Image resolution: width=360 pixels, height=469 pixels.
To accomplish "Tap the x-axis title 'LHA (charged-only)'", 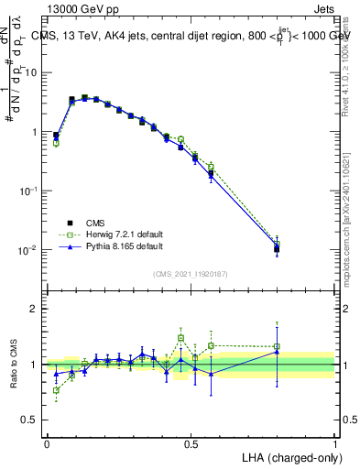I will (287, 457).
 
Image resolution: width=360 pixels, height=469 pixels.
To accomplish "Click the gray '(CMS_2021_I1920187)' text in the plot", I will (190, 273).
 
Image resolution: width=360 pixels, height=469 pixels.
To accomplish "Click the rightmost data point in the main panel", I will (277, 248).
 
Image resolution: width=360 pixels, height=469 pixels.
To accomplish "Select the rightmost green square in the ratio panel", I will (277, 346).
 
